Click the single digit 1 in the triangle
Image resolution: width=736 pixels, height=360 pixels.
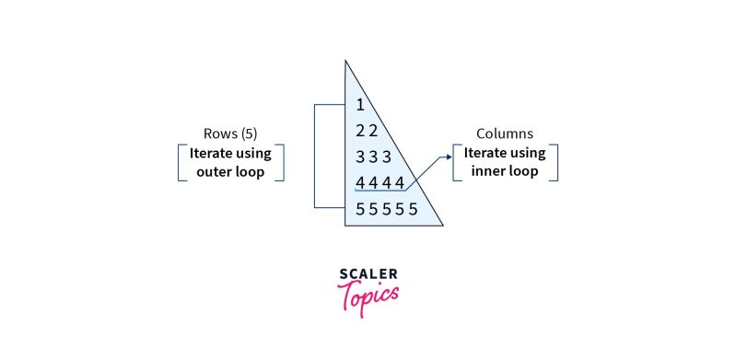(x=360, y=104)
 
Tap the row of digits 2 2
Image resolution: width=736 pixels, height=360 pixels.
(x=367, y=131)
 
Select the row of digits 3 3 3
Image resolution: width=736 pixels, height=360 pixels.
(x=374, y=157)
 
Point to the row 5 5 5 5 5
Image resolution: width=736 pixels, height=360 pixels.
(x=387, y=209)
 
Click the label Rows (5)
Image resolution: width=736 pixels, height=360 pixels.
(x=230, y=133)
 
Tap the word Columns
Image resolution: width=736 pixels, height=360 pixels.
(x=505, y=134)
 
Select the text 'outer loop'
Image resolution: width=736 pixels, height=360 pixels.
(x=230, y=171)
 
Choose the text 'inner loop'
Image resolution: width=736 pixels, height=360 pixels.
(x=505, y=171)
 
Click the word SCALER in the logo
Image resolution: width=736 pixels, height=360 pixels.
(x=368, y=274)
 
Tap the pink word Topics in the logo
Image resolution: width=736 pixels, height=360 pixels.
(x=368, y=296)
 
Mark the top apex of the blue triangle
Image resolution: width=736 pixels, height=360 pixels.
(x=346, y=61)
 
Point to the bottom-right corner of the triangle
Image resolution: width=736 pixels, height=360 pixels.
(x=443, y=225)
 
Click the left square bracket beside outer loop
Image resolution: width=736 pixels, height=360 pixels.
(x=180, y=161)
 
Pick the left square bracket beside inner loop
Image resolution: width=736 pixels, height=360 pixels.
(x=455, y=161)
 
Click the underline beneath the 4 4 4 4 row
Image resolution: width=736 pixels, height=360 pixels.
(x=380, y=192)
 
